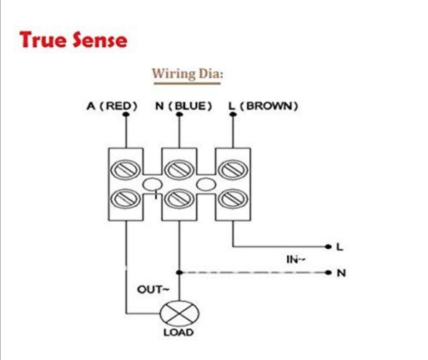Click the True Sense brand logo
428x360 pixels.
(73, 40)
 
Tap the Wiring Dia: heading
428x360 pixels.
(186, 74)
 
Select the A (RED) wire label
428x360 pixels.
(112, 106)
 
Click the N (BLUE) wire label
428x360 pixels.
(183, 106)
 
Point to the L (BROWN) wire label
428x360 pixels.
(263, 106)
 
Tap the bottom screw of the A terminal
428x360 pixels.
(126, 198)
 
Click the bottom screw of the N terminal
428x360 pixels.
(179, 198)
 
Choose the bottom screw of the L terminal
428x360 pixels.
(233, 198)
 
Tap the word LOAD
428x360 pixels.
(179, 332)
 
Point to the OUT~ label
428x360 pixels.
(153, 290)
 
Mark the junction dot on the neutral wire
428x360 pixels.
(179, 272)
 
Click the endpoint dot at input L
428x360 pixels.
(327, 247)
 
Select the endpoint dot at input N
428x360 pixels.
(327, 272)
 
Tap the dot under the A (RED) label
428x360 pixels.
(126, 114)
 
